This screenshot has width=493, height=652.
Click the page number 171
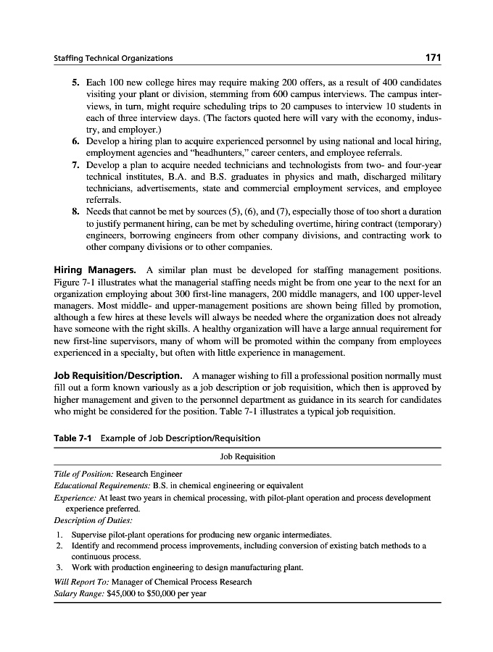[433, 57]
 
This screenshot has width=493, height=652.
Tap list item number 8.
[75, 212]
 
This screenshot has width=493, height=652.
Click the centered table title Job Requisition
[247, 456]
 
